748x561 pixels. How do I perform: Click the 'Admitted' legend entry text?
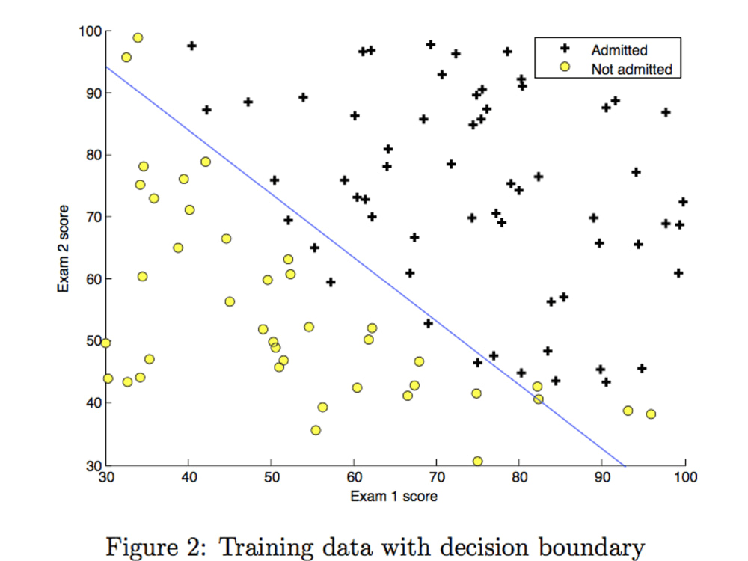tap(619, 50)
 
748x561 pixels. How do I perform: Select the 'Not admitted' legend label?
tap(631, 69)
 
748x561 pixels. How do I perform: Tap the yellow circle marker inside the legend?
tap(565, 67)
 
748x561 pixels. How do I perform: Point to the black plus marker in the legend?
tap(565, 48)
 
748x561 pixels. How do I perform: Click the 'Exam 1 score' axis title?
tap(393, 496)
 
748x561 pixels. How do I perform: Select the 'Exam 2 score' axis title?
tap(63, 248)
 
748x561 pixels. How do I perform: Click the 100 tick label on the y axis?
tap(91, 31)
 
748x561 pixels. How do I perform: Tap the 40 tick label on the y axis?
tap(94, 403)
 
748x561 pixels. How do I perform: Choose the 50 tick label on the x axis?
tap(272, 477)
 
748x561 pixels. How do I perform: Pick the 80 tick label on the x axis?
tap(520, 477)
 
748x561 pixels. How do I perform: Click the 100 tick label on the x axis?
tap(685, 477)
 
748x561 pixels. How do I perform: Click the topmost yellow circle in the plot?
tap(138, 37)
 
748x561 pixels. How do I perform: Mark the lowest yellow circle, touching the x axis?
tap(477, 461)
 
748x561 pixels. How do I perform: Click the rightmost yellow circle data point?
tap(651, 414)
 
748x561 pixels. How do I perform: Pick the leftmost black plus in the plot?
tap(191, 46)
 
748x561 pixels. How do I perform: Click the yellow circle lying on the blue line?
tap(538, 399)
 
